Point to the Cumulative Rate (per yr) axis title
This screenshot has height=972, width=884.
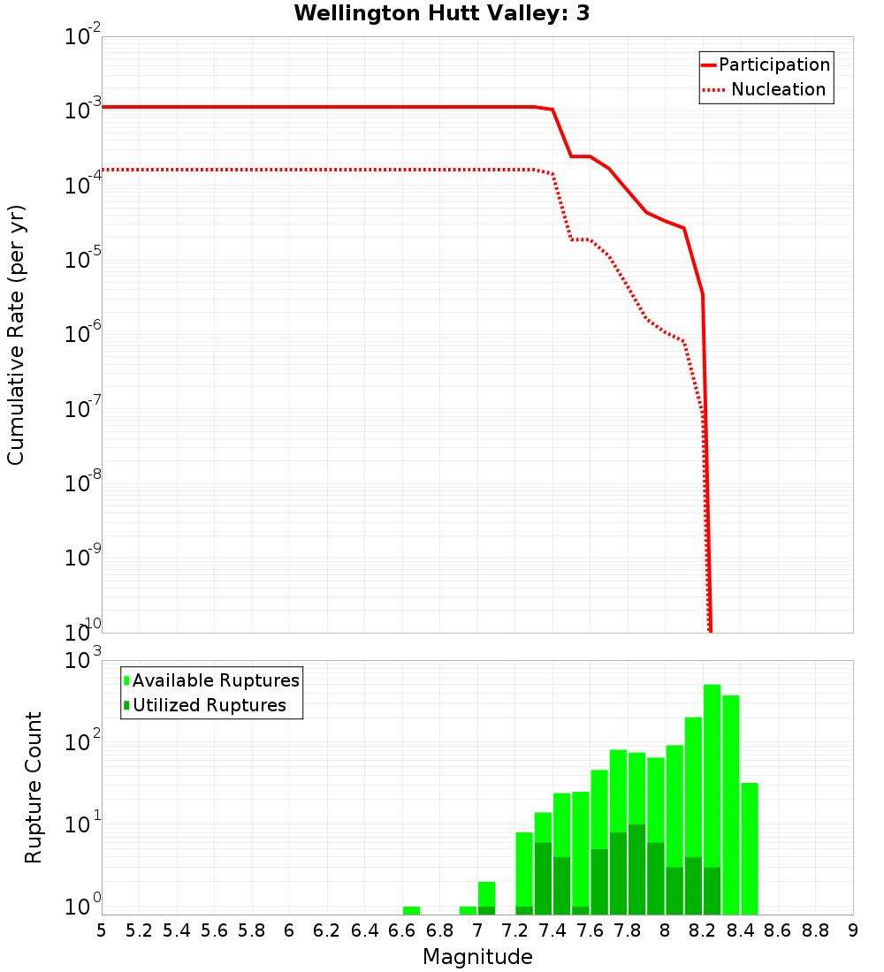[16, 335]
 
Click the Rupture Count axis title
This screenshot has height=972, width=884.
[34, 787]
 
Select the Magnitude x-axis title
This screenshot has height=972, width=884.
[477, 957]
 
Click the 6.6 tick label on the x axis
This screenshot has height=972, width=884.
[402, 930]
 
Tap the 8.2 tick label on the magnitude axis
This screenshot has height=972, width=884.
[703, 930]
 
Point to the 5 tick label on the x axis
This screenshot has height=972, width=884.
[102, 930]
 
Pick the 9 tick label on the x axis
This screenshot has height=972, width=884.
[853, 930]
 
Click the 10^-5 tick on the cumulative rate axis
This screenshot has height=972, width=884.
[81, 260]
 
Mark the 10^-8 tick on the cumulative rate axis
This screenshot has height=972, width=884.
[81, 483]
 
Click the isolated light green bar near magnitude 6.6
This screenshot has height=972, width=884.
[411, 910]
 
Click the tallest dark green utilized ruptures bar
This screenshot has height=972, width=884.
[636, 870]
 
